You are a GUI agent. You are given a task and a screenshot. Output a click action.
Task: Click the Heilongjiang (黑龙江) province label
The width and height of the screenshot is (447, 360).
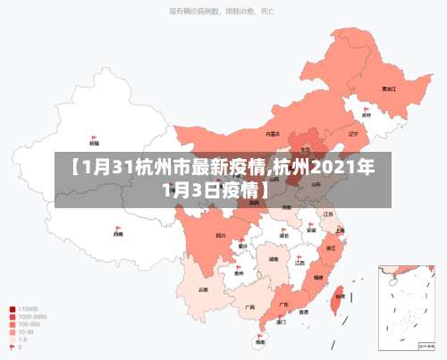coord(389,89)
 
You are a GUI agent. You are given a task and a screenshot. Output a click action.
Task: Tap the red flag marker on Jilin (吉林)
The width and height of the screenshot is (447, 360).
coord(367,110)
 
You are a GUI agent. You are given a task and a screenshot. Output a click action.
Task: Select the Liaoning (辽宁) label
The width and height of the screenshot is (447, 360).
coord(352,134)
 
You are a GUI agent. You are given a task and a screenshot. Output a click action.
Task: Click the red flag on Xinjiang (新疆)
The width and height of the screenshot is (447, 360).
coord(94,137)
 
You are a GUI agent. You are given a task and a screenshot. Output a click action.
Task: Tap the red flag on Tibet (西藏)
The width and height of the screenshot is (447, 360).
coord(117,230)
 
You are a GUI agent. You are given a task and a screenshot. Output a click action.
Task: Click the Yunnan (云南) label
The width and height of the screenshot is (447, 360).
coord(203,289)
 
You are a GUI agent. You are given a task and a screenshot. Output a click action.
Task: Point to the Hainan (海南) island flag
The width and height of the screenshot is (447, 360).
coord(260,336)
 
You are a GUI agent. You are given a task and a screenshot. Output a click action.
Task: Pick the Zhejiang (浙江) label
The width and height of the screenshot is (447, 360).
coord(331,247)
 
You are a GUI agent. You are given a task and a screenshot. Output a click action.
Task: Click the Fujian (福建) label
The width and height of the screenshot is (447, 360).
coord(319,278)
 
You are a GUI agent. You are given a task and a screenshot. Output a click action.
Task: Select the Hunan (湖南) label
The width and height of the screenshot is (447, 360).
coord(274,259)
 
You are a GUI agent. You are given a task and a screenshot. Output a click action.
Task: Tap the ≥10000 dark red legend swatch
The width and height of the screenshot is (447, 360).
coord(12,309)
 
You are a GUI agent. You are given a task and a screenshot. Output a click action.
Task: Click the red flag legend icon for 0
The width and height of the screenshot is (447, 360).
coord(12,348)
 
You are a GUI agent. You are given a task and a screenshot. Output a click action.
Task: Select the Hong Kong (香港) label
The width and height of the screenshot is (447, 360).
coord(304,313)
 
